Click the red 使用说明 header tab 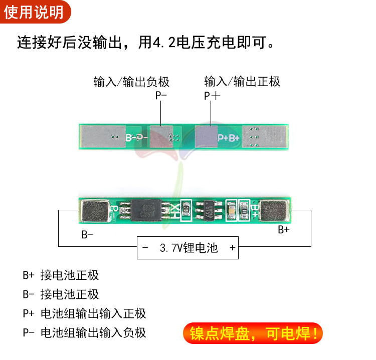[34, 11]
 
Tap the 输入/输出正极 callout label [242, 81]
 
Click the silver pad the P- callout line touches [160, 136]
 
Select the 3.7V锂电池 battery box [187, 247]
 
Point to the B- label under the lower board [88, 234]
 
